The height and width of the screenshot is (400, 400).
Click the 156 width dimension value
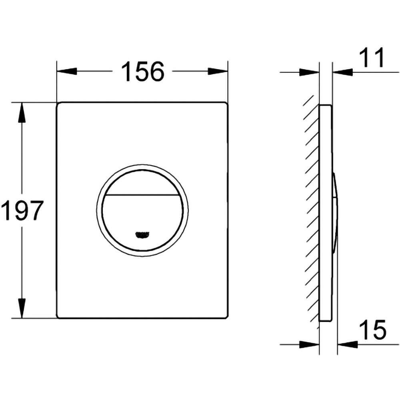142,72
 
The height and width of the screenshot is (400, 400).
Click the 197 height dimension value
22,211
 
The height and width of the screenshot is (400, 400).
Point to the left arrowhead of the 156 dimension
66,72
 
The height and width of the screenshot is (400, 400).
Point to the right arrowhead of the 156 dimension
218,72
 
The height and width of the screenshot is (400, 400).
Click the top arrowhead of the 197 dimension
22,112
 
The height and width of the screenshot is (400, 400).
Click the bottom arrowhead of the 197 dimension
22,308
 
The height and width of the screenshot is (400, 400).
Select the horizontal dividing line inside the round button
142,195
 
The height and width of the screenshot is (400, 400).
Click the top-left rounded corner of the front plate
58,104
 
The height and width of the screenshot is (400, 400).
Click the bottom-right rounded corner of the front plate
226,316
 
